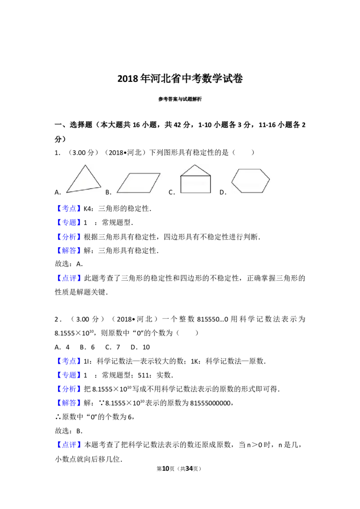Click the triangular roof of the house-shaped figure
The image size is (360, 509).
tap(195, 170)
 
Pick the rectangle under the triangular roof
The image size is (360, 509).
tap(195, 184)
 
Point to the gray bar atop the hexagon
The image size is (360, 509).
tap(250, 167)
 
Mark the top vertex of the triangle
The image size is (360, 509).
tap(85, 165)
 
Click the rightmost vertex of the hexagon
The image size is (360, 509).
tap(270, 179)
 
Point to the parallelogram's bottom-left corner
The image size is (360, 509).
tap(117, 193)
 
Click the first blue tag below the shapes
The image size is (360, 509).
tap(70, 208)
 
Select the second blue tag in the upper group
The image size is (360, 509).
tap(70, 222)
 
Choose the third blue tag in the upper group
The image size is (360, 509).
tap(70, 236)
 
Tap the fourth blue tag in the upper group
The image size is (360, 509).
tap(70, 250)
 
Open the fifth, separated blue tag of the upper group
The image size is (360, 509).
tap(70, 278)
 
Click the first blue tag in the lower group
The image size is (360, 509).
tap(70, 361)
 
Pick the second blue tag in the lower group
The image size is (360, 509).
tap(70, 375)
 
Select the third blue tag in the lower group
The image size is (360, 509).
tap(70, 389)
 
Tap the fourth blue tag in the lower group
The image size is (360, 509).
tap(70, 403)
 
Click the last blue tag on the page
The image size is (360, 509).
tap(70, 445)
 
